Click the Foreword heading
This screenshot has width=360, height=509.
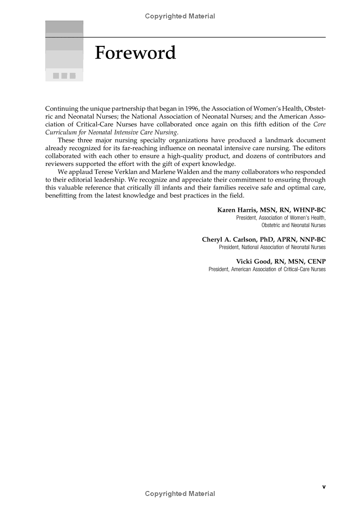click(135, 54)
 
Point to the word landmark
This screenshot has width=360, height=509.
click(274, 140)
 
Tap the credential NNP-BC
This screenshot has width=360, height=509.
click(310, 239)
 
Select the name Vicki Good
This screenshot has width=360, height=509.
click(253, 261)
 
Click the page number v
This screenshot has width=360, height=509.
click(324, 487)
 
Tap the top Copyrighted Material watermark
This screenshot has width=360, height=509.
click(180, 16)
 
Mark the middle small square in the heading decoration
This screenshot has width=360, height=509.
click(64, 76)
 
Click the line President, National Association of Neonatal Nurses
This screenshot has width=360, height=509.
click(272, 247)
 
